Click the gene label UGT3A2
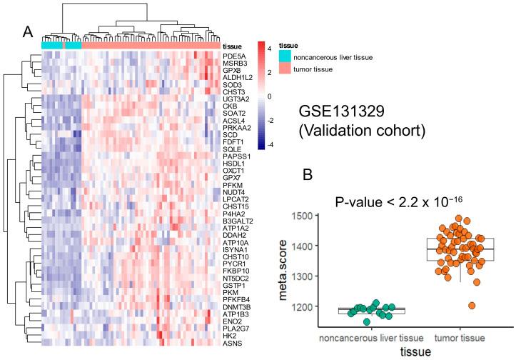coord(236,99)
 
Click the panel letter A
coord(28,32)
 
